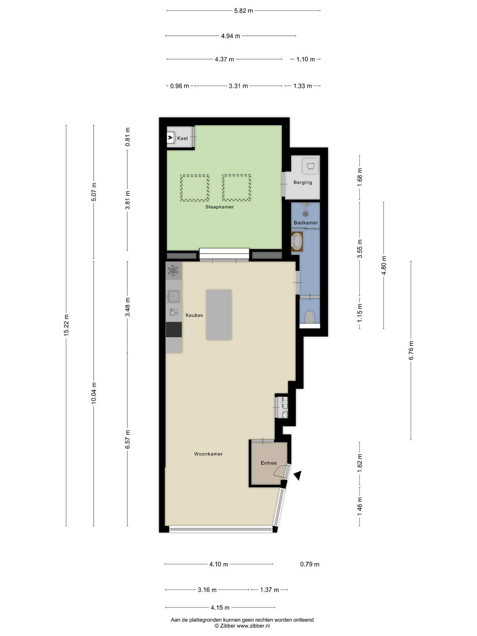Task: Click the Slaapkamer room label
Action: pyautogui.click(x=219, y=207)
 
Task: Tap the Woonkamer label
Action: pyautogui.click(x=208, y=454)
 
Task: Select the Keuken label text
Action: pyautogui.click(x=194, y=315)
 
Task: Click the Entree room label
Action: pyautogui.click(x=268, y=463)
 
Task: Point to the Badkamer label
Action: pyautogui.click(x=306, y=223)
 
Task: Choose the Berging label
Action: pyautogui.click(x=302, y=182)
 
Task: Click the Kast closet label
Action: pyautogui.click(x=182, y=138)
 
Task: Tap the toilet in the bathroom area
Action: pyautogui.click(x=309, y=317)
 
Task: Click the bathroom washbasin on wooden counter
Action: pyautogui.click(x=297, y=241)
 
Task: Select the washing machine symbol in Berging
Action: pyautogui.click(x=310, y=166)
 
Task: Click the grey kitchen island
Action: pyautogui.click(x=219, y=315)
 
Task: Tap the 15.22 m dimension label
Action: pyautogui.click(x=66, y=325)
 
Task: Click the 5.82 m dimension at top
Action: pyautogui.click(x=244, y=11)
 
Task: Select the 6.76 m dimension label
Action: pyautogui.click(x=411, y=350)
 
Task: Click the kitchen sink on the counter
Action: pyautogui.click(x=174, y=296)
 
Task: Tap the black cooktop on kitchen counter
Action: pyautogui.click(x=174, y=330)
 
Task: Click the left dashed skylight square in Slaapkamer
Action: pyautogui.click(x=195, y=188)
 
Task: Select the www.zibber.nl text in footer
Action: pyautogui.click(x=253, y=626)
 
